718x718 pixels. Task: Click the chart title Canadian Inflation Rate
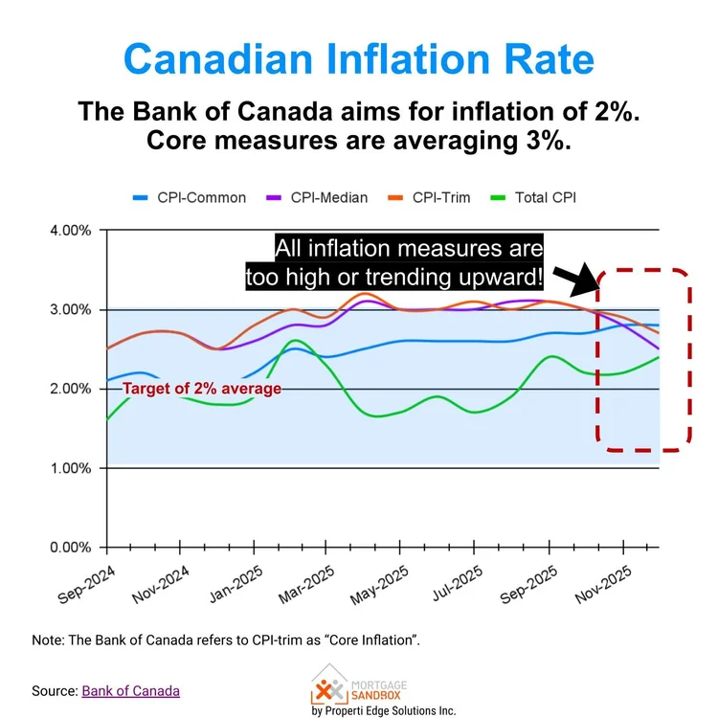coord(359,57)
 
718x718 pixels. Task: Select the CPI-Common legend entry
coord(190,198)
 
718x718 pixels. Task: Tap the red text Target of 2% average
coord(202,388)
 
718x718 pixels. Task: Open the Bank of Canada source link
coord(130,690)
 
